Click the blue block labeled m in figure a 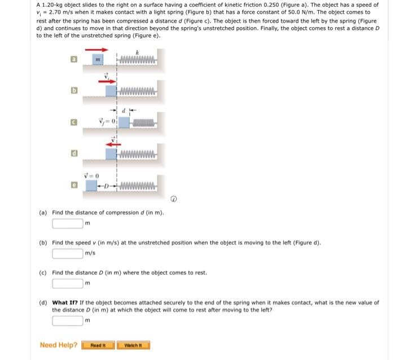pyautogui.click(x=96, y=60)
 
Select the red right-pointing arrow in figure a pyautogui.click(x=96, y=50)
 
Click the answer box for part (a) pyautogui.click(x=68, y=223)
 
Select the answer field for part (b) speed pyautogui.click(x=68, y=253)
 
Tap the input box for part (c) pyautogui.click(x=68, y=283)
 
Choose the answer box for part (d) pyautogui.click(x=68, y=321)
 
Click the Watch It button pyautogui.click(x=133, y=345)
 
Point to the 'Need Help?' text pyautogui.click(x=59, y=345)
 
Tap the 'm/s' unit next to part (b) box pyautogui.click(x=91, y=253)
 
